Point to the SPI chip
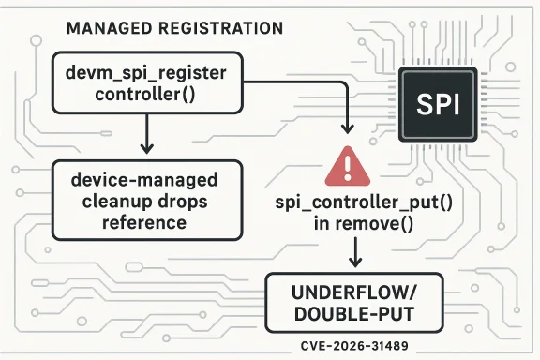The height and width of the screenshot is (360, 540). [x=439, y=102]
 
